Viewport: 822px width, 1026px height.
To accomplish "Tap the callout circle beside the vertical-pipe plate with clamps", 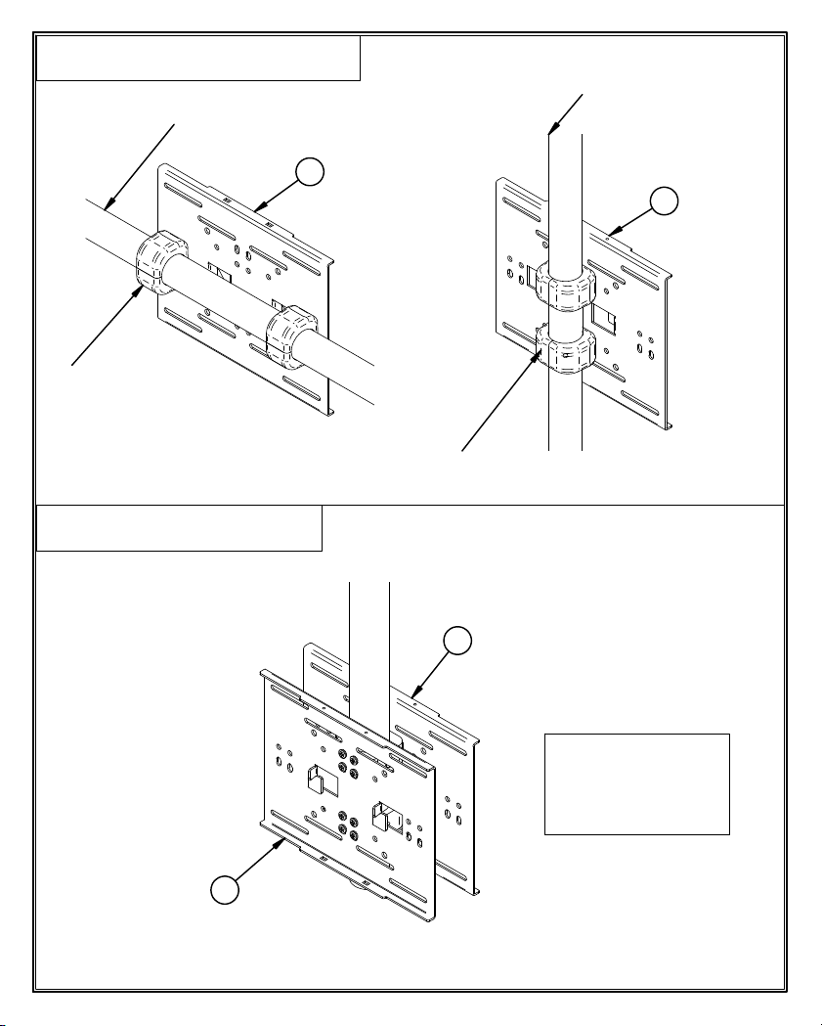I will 664,202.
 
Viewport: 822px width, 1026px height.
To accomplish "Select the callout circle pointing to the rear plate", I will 456,641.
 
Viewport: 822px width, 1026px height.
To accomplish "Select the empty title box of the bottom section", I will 179,528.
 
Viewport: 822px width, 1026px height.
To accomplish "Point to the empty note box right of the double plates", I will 636,783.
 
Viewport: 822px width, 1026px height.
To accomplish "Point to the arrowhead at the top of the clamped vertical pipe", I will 553,127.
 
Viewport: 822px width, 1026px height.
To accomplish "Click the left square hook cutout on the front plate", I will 319,779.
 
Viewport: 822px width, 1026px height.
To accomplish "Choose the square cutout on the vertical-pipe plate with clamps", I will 603,319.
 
